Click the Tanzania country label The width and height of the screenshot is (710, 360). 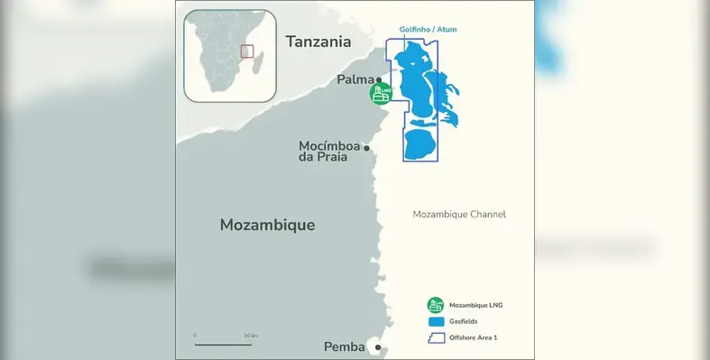coord(317,41)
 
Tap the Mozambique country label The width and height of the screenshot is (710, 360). coord(267,225)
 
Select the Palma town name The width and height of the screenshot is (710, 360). coord(355,79)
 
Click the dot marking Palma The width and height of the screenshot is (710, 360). coord(379,81)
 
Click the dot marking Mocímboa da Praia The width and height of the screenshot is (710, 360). coord(367,147)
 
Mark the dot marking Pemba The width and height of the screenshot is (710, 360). coord(378,347)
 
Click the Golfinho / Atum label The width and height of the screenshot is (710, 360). coord(428,30)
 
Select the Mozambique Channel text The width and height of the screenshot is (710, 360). coord(458,215)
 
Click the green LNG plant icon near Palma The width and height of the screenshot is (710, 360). coord(381,93)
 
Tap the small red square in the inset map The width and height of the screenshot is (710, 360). coord(247,51)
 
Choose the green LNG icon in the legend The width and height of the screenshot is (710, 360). coord(435,305)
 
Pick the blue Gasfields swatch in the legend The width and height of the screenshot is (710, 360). coord(435,321)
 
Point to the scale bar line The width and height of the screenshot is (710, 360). coord(222,344)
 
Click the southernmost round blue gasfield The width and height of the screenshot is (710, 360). coord(419,144)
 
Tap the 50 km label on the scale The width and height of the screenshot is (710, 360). coord(250,336)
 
